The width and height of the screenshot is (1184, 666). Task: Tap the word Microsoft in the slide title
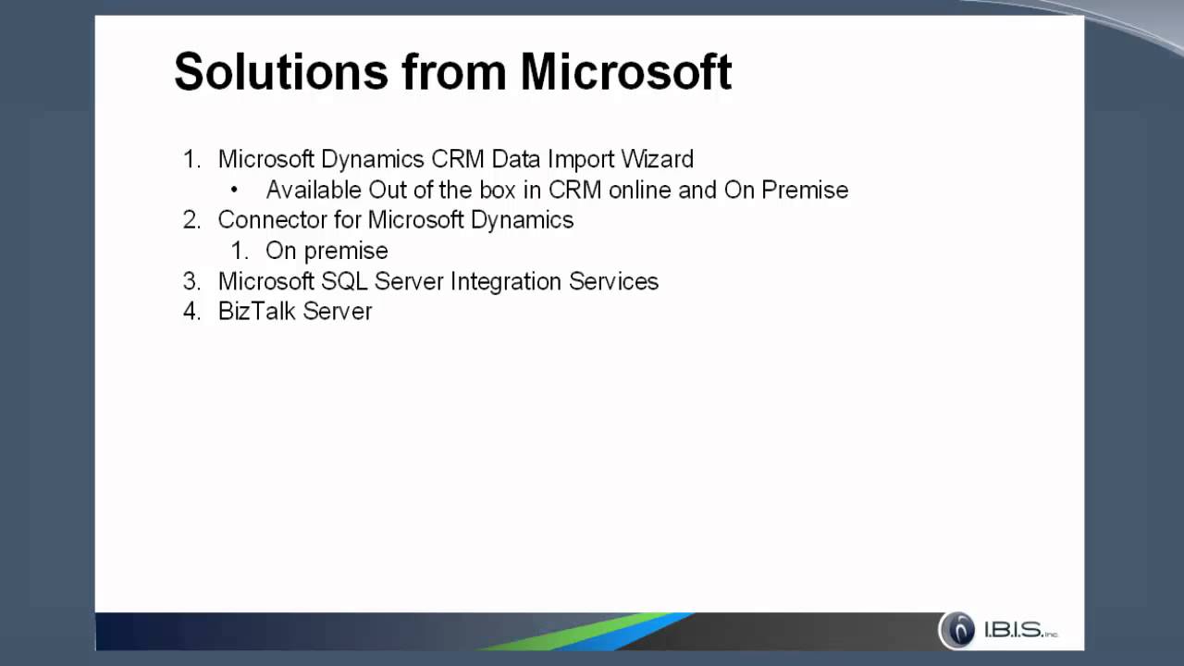(x=626, y=72)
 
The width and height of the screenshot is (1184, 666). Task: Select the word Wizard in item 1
(x=657, y=159)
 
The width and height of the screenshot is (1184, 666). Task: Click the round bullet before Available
(x=235, y=191)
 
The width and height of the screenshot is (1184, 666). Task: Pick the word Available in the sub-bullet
(x=314, y=190)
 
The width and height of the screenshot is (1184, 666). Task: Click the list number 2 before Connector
(x=191, y=220)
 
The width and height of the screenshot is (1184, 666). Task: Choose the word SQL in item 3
(x=344, y=281)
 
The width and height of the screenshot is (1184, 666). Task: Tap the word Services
(x=613, y=281)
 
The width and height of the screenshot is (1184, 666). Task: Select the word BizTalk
(x=256, y=311)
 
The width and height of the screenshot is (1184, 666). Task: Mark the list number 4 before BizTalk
(x=191, y=311)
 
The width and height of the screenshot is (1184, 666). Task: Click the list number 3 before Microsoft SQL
(x=191, y=281)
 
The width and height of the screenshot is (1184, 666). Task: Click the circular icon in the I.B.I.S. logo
(x=958, y=630)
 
